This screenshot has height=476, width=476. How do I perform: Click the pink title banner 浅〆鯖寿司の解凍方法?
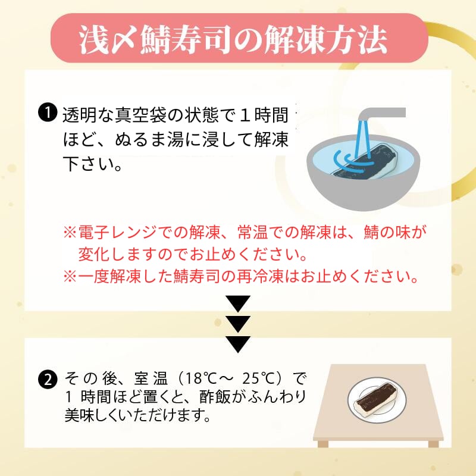[x=239, y=38]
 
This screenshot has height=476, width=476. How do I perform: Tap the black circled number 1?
[x=48, y=113]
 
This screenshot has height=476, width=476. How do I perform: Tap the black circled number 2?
[x=48, y=380]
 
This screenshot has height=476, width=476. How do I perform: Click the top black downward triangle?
[x=239, y=303]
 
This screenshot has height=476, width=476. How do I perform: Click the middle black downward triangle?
[x=239, y=324]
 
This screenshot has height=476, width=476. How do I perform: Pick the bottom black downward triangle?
[x=239, y=345]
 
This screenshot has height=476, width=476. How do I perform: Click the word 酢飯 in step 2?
[x=215, y=397]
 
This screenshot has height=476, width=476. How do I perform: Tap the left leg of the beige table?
[x=323, y=444]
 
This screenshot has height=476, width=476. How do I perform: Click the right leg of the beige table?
[x=434, y=444]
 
